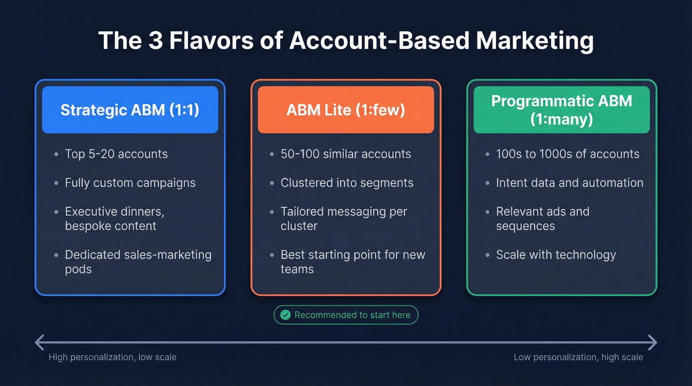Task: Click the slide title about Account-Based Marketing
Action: tap(346, 41)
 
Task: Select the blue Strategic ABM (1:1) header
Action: tap(130, 110)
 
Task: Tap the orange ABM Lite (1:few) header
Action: tap(346, 110)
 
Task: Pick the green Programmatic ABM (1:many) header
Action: tap(562, 110)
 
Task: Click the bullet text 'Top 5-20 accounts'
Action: tap(116, 154)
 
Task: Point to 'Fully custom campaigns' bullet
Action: tap(130, 183)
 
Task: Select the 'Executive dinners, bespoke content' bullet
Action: tap(114, 218)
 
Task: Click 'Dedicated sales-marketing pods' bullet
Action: tap(138, 262)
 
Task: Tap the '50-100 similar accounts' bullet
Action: tap(346, 154)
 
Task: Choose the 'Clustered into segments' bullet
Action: tap(346, 183)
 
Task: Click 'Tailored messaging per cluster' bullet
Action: tap(344, 218)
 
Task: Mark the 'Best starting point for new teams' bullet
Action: tap(352, 262)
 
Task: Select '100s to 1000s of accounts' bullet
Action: tap(567, 154)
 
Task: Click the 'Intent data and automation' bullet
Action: tap(569, 183)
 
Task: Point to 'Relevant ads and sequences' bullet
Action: tap(542, 218)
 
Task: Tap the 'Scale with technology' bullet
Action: tap(556, 255)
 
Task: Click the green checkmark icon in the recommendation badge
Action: tap(285, 315)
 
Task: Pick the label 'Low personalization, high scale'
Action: tap(578, 357)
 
